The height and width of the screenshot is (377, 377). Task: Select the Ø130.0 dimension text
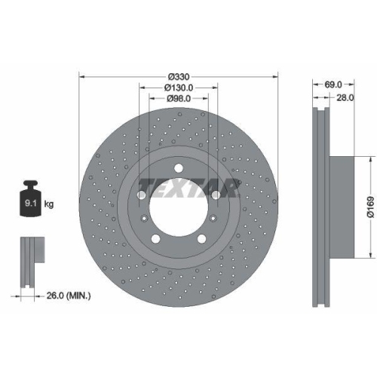(x=179, y=88)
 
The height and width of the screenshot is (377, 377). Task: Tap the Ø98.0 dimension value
(x=179, y=99)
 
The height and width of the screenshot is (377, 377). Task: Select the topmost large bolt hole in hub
(x=179, y=169)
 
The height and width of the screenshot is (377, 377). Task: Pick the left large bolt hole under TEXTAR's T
(x=143, y=195)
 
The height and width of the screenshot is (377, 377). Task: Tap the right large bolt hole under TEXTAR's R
(x=215, y=195)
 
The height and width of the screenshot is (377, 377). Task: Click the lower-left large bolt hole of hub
(x=157, y=238)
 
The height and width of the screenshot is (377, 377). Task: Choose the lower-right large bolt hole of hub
(x=201, y=238)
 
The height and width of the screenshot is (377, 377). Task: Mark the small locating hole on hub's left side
(x=143, y=219)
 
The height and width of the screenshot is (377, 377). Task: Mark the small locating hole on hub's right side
(x=215, y=219)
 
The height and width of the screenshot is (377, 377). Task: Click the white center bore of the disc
(x=179, y=207)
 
